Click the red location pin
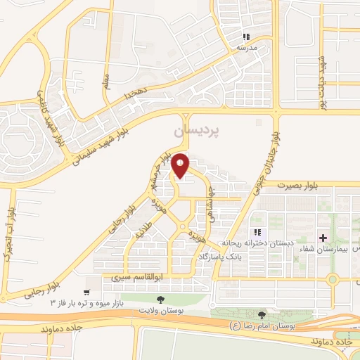(x=181, y=165)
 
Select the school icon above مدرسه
(x=245, y=37)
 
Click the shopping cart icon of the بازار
(x=86, y=291)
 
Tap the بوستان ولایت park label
(x=162, y=309)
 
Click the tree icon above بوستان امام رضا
(x=262, y=316)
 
